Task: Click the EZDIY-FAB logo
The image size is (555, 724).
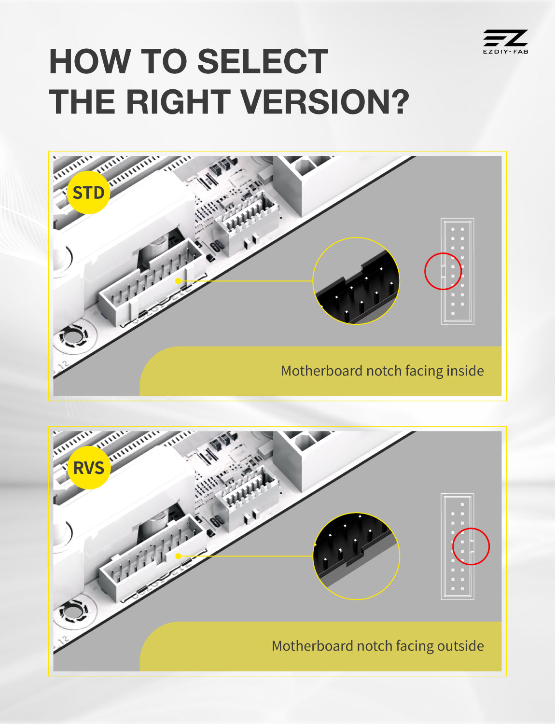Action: pos(505,42)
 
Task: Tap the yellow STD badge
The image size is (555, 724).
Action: pos(89,193)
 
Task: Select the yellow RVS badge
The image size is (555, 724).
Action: pos(89,468)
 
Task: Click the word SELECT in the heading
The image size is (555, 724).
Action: pos(263,61)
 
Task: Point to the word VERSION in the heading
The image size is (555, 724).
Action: pos(324,102)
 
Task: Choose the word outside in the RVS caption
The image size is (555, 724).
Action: pos(460,646)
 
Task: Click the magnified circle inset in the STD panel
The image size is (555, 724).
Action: pos(356,281)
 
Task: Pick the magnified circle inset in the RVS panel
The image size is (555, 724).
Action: pos(356,556)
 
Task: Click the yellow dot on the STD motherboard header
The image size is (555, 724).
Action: pos(178,281)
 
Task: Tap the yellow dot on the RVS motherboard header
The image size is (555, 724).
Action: pos(178,556)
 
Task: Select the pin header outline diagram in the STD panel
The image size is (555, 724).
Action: pos(458,271)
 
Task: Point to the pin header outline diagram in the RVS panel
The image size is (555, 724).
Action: pos(458,546)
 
